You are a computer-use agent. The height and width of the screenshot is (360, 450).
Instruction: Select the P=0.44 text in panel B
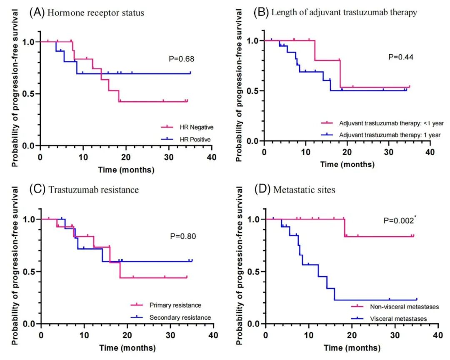[400, 57]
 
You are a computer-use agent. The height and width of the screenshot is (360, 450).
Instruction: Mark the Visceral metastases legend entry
[393, 319]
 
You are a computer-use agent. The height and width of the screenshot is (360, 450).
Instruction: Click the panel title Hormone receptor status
[95, 13]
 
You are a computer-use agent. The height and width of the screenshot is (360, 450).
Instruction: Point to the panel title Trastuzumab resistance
[93, 190]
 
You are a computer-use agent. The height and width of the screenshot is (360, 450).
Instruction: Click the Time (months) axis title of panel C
[127, 347]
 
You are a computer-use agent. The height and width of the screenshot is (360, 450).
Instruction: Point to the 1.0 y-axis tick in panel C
[29, 219]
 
